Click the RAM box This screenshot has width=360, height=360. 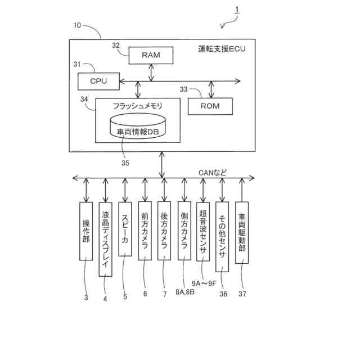151,55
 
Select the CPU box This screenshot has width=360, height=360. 99,81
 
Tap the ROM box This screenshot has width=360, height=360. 209,106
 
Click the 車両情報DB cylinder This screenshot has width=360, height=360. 138,128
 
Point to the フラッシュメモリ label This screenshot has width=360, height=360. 137,106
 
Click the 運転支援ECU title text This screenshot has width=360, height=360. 222,49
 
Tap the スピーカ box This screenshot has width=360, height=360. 125,231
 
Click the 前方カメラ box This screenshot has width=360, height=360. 145,231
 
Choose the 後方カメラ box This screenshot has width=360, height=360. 164,231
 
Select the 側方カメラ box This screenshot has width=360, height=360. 184,231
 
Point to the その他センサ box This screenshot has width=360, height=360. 223,237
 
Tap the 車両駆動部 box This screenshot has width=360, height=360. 242,233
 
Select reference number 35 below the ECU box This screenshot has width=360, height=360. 125,163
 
